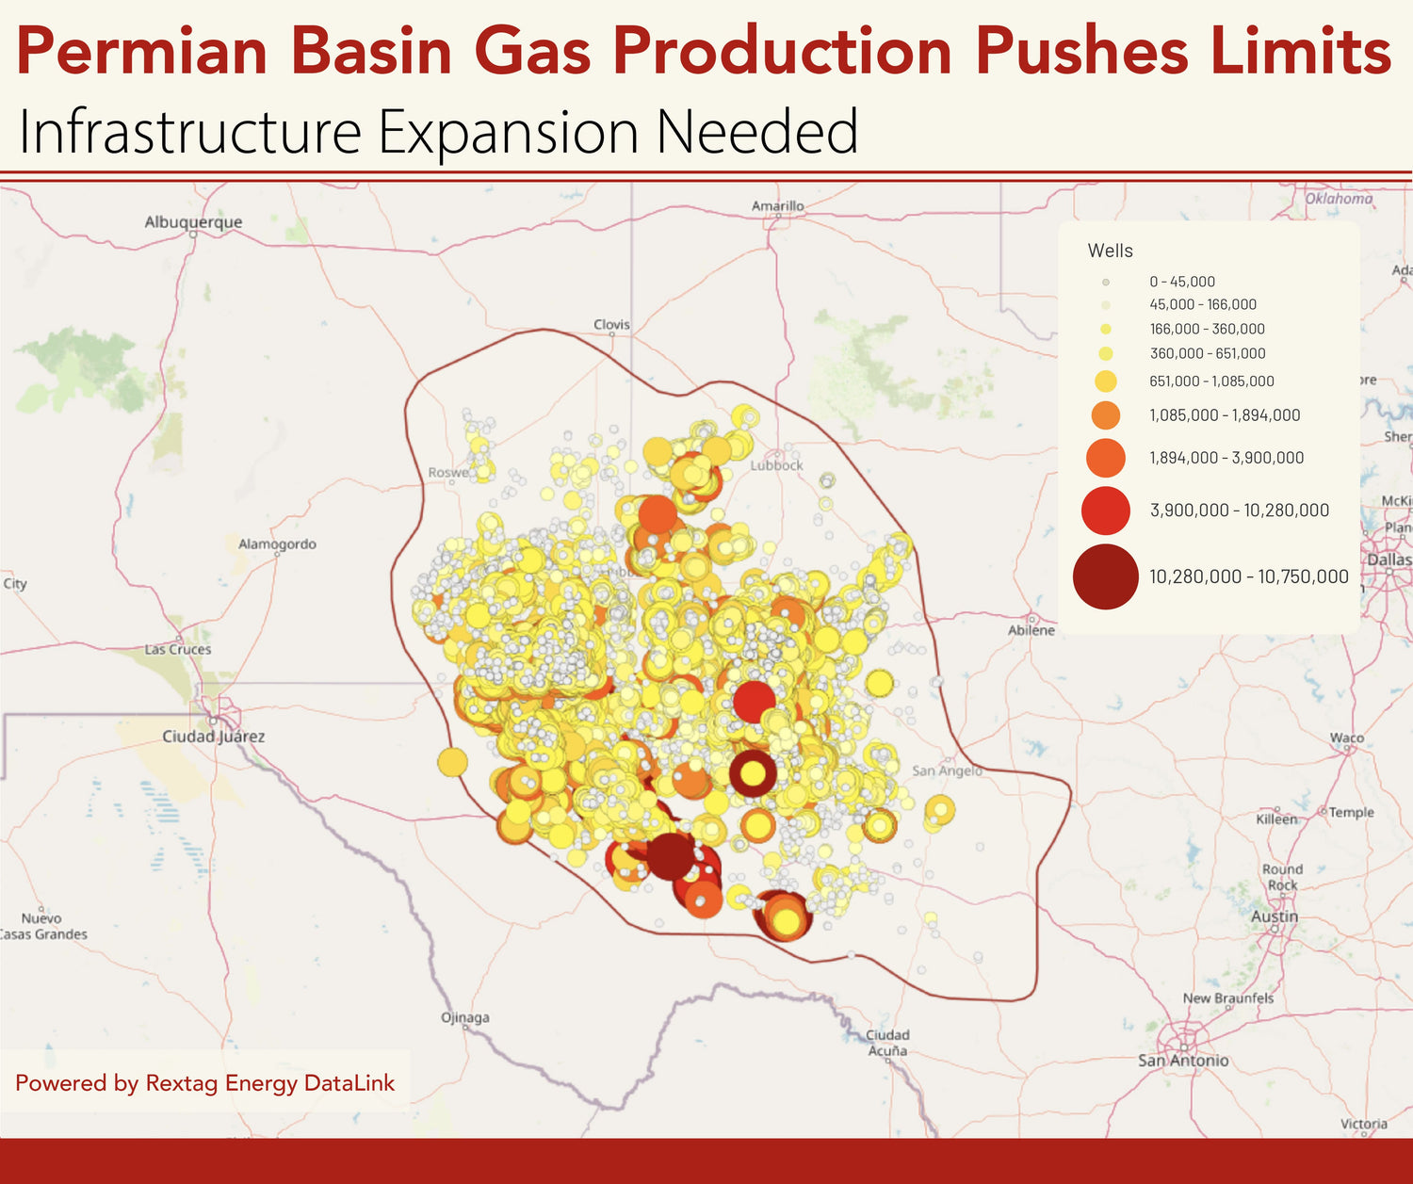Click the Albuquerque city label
pos(193,222)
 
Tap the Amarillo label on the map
pos(777,206)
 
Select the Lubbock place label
pos(777,465)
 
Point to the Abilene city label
pos(1031,630)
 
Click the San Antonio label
pos(1183,1061)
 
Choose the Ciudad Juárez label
pos(214,737)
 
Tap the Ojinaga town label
pos(465,1018)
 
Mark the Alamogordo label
pos(277,544)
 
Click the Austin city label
pos(1275,916)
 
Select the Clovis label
pos(611,325)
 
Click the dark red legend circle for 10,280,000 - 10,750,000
pos(1106,576)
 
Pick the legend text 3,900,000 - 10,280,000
pos(1240,511)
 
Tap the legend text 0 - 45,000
pos(1182,282)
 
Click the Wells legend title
pos(1110,251)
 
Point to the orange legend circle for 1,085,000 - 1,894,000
pos(1106,415)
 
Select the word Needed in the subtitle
pos(757,132)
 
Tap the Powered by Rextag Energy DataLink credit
pos(205,1083)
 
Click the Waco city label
pos(1346,738)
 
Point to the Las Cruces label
pos(178,650)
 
